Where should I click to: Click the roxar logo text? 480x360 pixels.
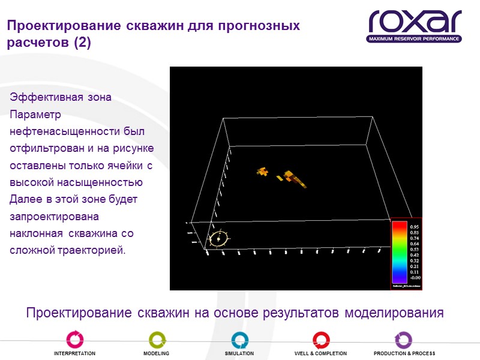click(415, 22)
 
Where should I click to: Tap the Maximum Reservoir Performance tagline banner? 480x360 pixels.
click(415, 39)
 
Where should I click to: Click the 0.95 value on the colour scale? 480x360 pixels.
click(414, 227)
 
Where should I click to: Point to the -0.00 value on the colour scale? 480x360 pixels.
click(414, 278)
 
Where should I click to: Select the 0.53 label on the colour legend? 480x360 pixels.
click(414, 250)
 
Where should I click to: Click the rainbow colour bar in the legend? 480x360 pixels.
click(400, 252)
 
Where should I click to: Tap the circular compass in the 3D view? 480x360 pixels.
click(220, 239)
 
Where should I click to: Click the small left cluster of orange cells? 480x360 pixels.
click(262, 172)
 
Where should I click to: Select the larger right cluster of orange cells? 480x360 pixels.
click(293, 178)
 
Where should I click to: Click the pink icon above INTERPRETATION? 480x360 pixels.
click(74, 339)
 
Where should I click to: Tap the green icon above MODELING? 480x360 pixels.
click(157, 339)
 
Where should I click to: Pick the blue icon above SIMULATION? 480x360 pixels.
click(239, 339)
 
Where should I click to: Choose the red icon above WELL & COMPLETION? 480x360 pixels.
click(321, 339)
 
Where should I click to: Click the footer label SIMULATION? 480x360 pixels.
click(239, 354)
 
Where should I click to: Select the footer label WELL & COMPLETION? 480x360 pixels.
click(320, 354)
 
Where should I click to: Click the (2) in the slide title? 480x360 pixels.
click(80, 44)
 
